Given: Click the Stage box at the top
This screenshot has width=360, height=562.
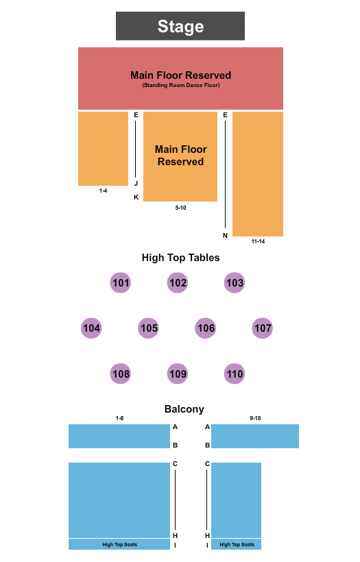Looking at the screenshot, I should point(180,26).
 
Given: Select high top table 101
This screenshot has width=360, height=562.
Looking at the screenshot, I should point(121,282).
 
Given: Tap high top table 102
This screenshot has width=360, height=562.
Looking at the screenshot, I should point(178,282).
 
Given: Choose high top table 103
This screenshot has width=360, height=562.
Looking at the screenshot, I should point(235,282).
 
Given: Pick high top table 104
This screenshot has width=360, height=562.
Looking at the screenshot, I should point(91,328).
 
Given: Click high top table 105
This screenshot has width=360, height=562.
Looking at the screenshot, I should point(149,328).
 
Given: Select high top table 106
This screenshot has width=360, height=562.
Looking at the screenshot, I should point(206,328).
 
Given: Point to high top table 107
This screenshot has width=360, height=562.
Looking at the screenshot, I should point(263,328).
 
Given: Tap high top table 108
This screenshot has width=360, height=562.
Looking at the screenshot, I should point(121,374).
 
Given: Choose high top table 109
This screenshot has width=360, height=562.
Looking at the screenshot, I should point(178,374).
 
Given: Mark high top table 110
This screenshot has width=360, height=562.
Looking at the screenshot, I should point(235,374).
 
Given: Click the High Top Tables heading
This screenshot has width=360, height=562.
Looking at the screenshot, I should point(180,258).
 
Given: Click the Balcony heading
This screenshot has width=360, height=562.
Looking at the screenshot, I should point(184,409).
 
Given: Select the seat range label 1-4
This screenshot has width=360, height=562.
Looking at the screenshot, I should point(103,191).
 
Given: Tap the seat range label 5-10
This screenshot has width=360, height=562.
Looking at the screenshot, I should point(180,207).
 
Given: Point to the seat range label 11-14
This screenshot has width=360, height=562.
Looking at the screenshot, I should point(258,241).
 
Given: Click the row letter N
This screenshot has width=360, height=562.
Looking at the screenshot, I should point(225,236).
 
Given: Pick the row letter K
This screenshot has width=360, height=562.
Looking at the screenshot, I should point(136,197).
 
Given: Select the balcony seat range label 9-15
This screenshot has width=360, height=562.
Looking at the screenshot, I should point(255,417).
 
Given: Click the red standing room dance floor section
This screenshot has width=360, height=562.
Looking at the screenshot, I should point(180,78).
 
